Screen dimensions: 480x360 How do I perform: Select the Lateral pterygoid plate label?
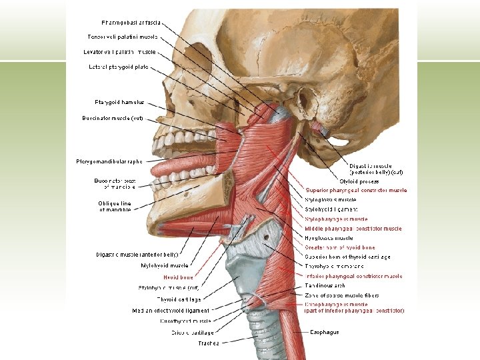(x=119, y=67)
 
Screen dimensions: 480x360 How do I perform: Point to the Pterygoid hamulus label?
(x=119, y=102)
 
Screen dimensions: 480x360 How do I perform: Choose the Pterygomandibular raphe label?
(x=110, y=161)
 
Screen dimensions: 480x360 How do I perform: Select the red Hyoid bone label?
(x=178, y=277)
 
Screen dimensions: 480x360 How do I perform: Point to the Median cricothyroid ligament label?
(x=171, y=310)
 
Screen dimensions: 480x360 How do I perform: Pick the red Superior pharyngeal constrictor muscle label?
(x=356, y=190)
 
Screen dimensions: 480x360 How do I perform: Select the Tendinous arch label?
(x=325, y=285)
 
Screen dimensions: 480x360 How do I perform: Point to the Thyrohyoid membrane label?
(x=335, y=266)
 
